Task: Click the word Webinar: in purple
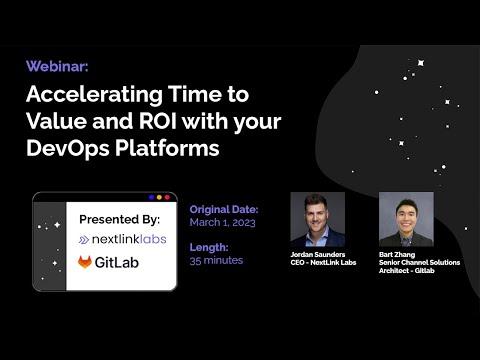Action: (x=57, y=66)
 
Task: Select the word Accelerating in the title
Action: (x=94, y=95)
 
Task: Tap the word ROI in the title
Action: (x=158, y=121)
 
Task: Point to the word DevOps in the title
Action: (x=68, y=148)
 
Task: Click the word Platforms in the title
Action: (x=167, y=148)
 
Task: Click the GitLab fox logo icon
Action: (x=85, y=262)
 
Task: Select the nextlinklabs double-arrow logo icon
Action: (x=84, y=240)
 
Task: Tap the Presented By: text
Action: (x=120, y=220)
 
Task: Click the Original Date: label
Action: (x=224, y=210)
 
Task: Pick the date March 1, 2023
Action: (x=222, y=222)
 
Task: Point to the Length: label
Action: (x=209, y=247)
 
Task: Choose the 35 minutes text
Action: (x=216, y=260)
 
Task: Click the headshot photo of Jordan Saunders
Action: (x=317, y=219)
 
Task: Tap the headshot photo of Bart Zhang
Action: (x=406, y=219)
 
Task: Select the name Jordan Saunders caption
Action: (x=318, y=255)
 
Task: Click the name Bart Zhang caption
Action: (x=397, y=255)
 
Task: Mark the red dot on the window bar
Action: (x=167, y=197)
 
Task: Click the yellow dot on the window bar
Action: (x=159, y=197)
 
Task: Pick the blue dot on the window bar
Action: (x=151, y=197)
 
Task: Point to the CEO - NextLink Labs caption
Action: (x=323, y=263)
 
